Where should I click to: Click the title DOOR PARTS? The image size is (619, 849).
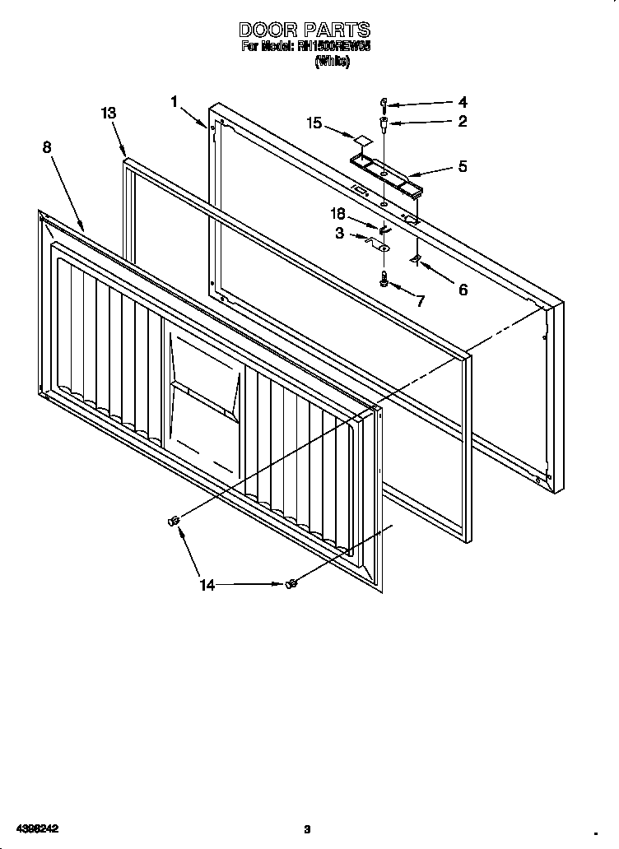click(x=305, y=30)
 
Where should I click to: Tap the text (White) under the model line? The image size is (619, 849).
click(x=332, y=63)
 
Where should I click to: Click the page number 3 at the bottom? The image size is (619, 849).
click(x=306, y=828)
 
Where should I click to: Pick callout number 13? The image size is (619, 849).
click(x=109, y=114)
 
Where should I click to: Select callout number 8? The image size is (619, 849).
click(x=47, y=146)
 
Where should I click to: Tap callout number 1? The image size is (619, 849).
click(x=175, y=100)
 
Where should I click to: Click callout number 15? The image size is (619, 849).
click(x=314, y=123)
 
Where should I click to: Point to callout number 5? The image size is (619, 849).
click(x=463, y=166)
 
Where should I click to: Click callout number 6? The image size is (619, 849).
click(x=463, y=289)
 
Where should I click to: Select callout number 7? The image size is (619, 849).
click(x=420, y=301)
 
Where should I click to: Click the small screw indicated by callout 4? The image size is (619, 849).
click(x=384, y=104)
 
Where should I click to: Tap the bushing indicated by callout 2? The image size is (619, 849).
click(x=384, y=124)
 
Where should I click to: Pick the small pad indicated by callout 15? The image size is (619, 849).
click(x=361, y=138)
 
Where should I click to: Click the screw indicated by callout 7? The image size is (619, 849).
click(x=384, y=280)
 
